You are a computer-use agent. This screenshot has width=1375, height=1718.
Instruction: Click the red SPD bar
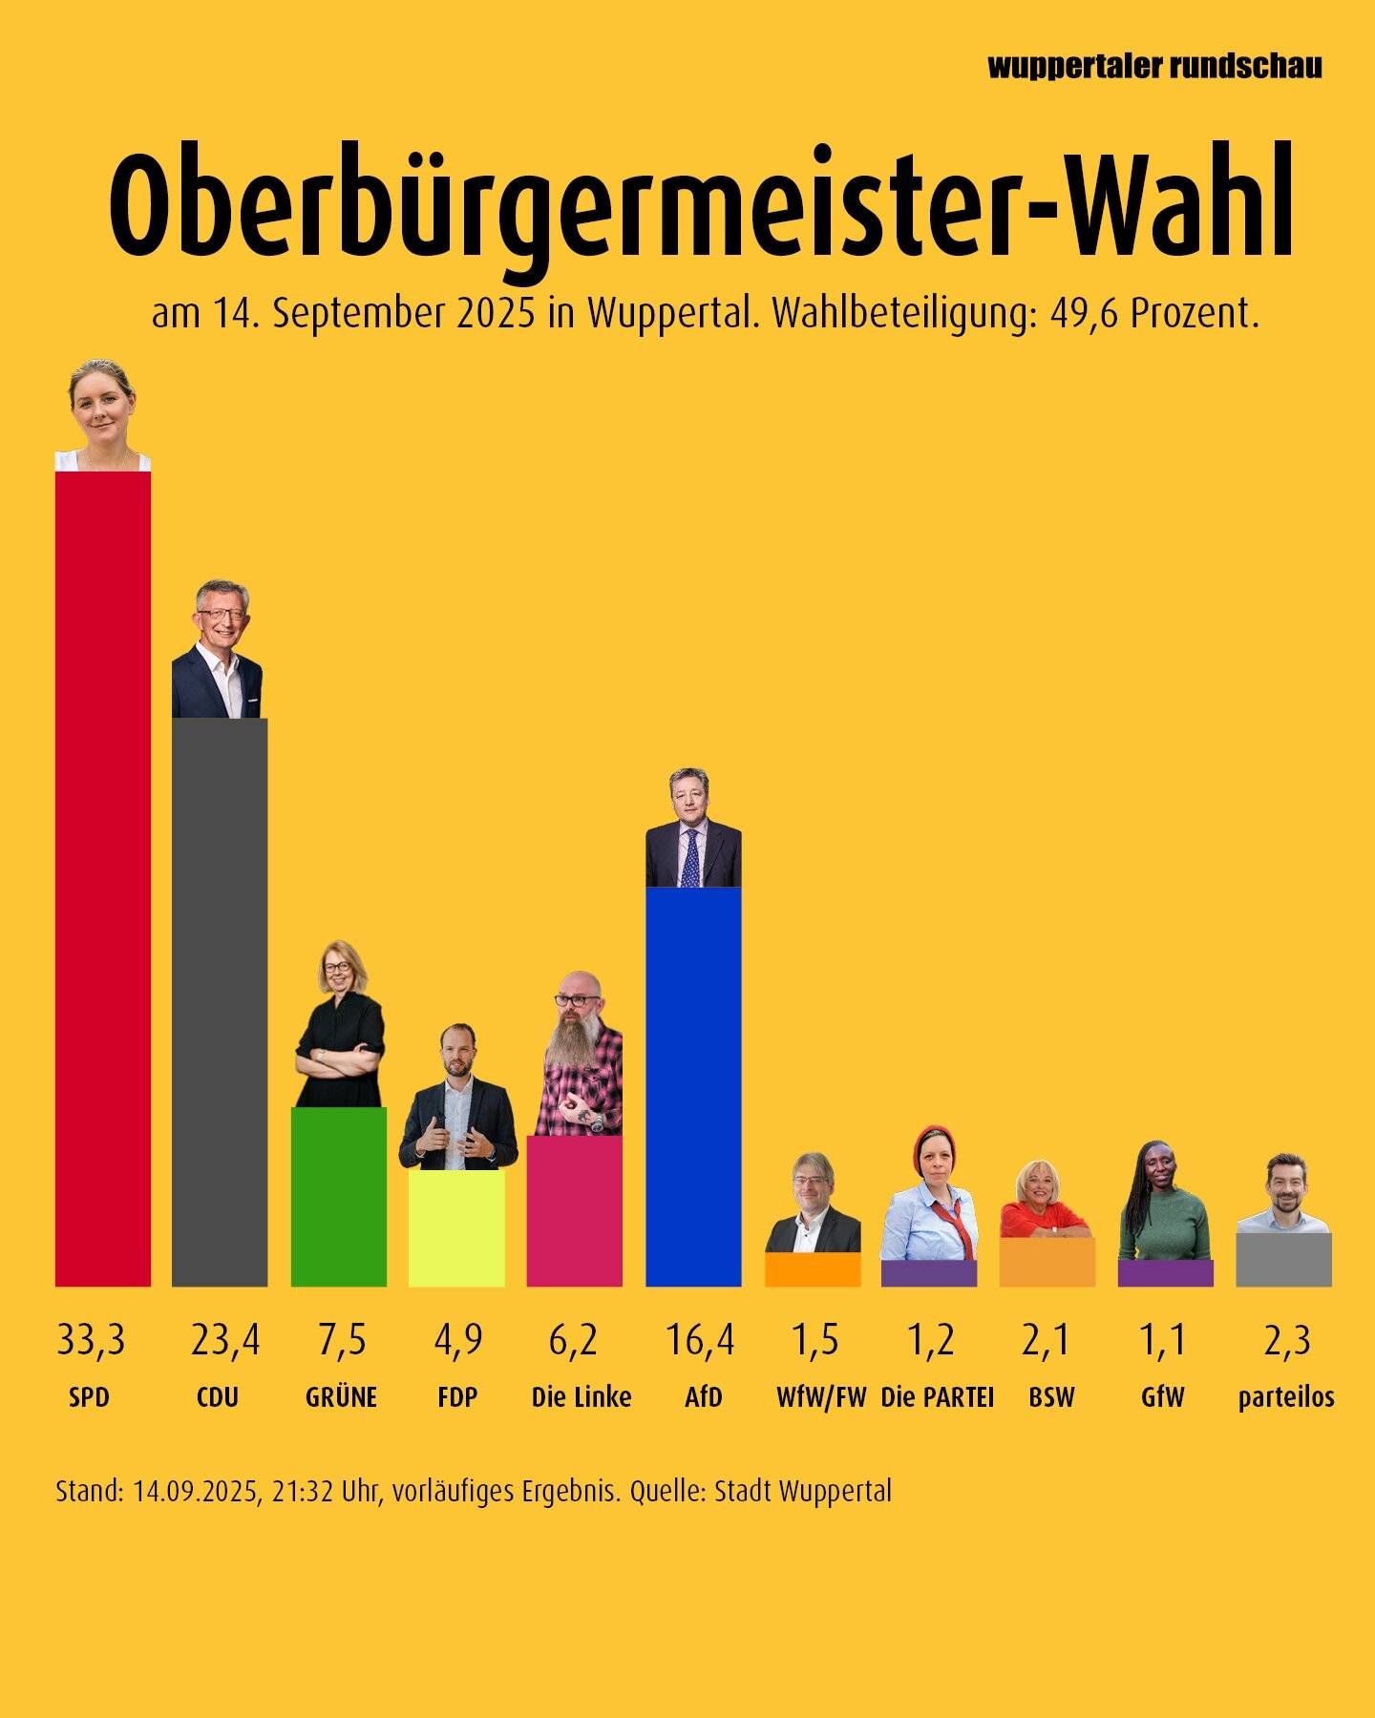pyautogui.click(x=102, y=878)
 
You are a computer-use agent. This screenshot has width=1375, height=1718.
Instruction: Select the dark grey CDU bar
pyautogui.click(x=220, y=1002)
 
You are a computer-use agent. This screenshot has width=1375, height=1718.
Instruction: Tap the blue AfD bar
pyautogui.click(x=693, y=1088)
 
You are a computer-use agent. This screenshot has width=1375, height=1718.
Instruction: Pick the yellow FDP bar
pyautogui.click(x=456, y=1229)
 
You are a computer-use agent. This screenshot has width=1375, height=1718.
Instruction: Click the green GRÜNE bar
pyautogui.click(x=338, y=1198)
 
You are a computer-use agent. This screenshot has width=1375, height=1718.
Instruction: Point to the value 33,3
pyautogui.click(x=91, y=1340)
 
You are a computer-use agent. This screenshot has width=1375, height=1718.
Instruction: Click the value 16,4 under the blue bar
pyautogui.click(x=700, y=1340)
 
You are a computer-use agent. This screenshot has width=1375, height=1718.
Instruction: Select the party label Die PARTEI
pyautogui.click(x=937, y=1397)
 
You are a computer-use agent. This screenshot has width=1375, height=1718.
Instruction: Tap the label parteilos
pyautogui.click(x=1285, y=1397)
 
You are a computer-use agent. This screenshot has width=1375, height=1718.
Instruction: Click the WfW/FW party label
pyautogui.click(x=820, y=1397)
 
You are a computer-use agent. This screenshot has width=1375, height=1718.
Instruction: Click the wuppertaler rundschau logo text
pyautogui.click(x=1154, y=66)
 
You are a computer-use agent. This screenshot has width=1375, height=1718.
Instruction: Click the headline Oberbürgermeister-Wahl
pyautogui.click(x=701, y=205)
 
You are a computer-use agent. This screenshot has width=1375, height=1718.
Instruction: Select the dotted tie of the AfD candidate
pyautogui.click(x=690, y=859)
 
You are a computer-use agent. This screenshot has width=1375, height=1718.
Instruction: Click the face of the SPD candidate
pyautogui.click(x=99, y=409)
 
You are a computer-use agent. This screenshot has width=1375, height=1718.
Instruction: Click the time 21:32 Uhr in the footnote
pyautogui.click(x=326, y=1491)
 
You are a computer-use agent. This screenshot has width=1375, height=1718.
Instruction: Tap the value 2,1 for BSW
pyautogui.click(x=1046, y=1340)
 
